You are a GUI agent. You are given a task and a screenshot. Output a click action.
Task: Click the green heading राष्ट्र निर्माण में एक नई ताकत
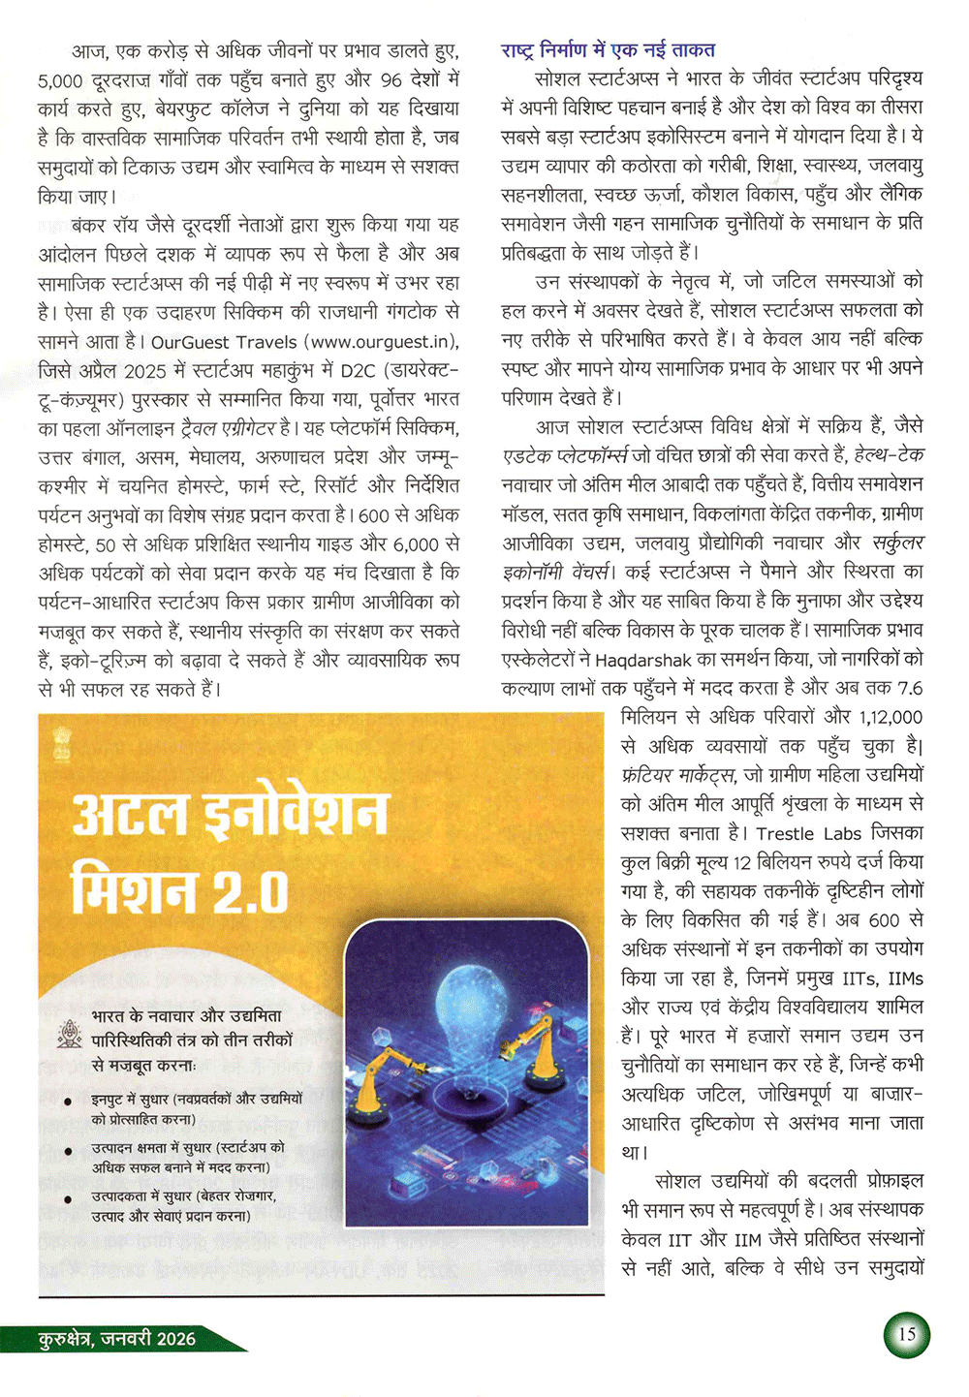coord(608,49)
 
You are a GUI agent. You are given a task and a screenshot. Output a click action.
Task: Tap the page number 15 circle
coord(907,1334)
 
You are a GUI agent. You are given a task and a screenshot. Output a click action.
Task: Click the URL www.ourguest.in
coord(382,342)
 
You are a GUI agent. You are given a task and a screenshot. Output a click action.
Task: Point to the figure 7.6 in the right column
coord(910,689)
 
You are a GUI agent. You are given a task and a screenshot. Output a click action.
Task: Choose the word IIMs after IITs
coord(905,978)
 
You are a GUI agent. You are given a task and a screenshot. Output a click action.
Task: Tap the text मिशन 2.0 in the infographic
coord(180,889)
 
